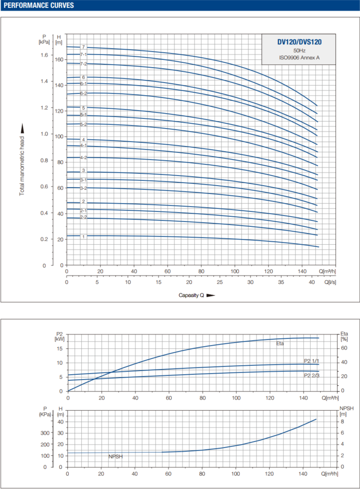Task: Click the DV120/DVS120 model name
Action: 299,41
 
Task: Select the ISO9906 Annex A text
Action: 299,57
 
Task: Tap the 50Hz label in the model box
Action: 299,50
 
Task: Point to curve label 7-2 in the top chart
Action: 83,64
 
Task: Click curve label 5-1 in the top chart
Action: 83,115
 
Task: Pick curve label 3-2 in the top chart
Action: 83,188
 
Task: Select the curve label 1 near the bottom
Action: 83,236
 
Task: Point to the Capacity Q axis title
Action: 191,295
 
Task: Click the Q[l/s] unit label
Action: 329,282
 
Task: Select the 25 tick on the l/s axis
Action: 220,282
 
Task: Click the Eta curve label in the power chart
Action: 280,343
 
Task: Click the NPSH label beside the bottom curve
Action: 115,457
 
